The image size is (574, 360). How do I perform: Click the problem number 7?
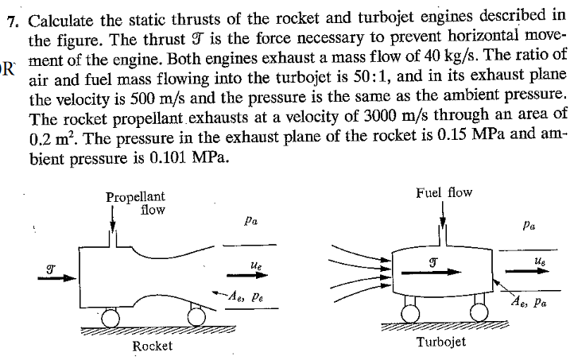[x=11, y=20]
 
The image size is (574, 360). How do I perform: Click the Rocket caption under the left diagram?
[x=153, y=346]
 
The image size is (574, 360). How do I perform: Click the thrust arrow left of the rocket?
[x=64, y=278]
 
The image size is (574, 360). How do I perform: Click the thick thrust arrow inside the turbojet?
[x=432, y=271]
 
